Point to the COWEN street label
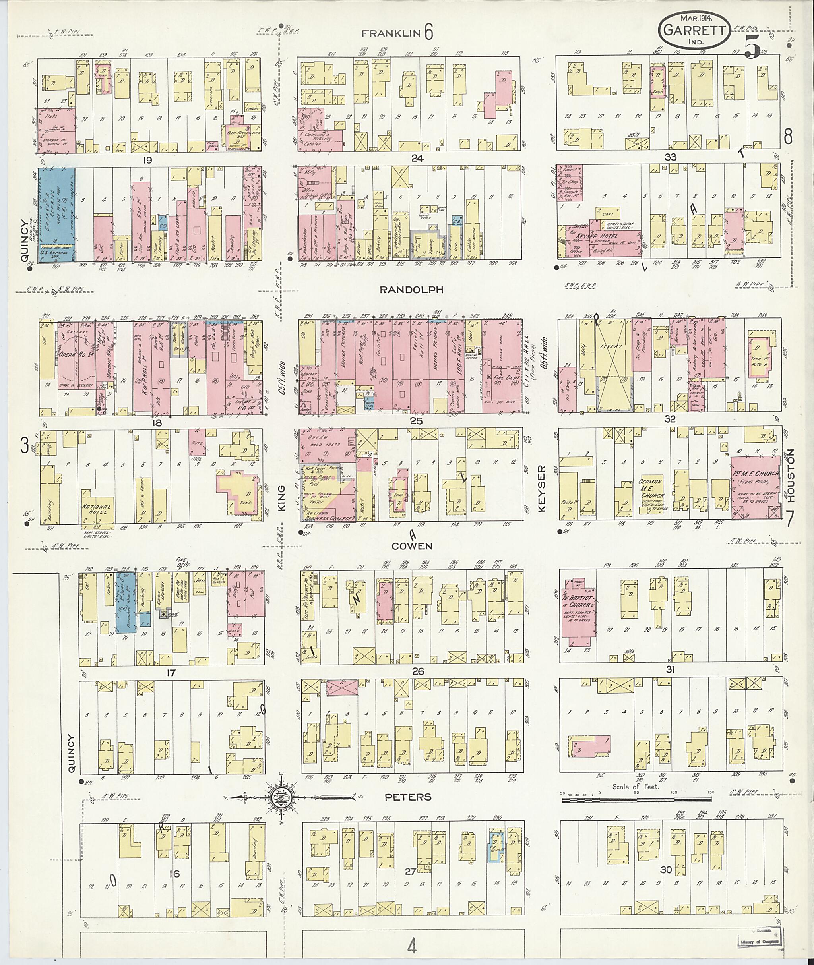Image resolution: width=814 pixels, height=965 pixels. (x=412, y=546)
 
